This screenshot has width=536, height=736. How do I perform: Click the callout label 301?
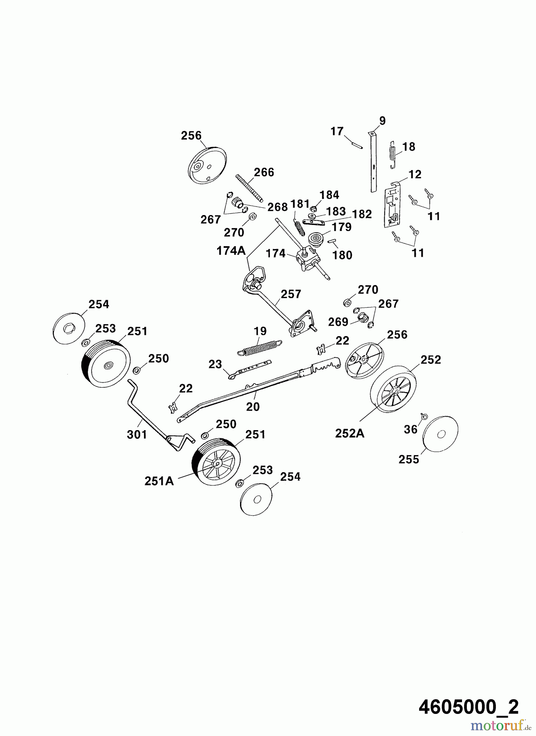coord(137,434)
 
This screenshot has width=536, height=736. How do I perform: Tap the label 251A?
coord(159,481)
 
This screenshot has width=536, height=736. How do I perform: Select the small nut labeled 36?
coord(424,417)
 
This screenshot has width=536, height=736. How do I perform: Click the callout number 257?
coord(291,294)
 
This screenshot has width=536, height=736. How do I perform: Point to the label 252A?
coord(350,433)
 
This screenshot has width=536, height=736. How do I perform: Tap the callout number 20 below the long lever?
coord(253,406)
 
